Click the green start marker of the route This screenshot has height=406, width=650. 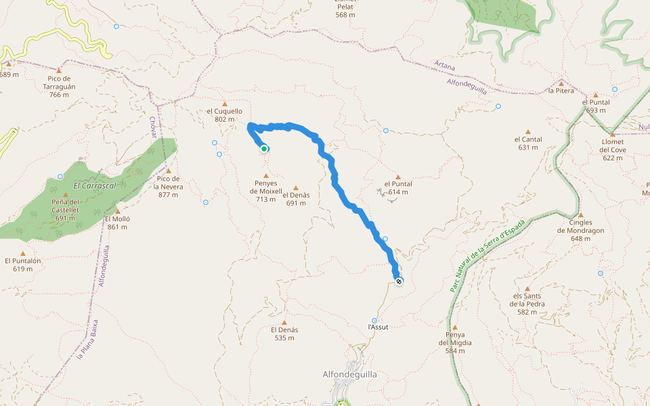pyautogui.click(x=264, y=149)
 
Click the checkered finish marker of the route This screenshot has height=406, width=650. pyautogui.click(x=399, y=281)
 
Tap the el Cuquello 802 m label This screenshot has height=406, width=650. pyautogui.click(x=224, y=115)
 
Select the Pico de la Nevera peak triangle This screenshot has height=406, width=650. pyautogui.click(x=168, y=171)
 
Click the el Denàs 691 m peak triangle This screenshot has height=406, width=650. pyautogui.click(x=296, y=188)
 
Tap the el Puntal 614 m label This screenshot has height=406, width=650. pyautogui.click(x=398, y=187)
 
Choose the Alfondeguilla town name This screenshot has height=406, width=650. pyautogui.click(x=349, y=374)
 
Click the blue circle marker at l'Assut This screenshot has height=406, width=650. pyautogui.click(x=374, y=321)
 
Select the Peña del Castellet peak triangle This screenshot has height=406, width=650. pyautogui.click(x=66, y=195)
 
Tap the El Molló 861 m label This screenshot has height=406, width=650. pyautogui.click(x=117, y=223)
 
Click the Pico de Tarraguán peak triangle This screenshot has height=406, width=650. pyautogui.click(x=59, y=70)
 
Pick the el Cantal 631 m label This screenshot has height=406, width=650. pyautogui.click(x=528, y=143)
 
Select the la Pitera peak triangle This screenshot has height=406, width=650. pyautogui.click(x=561, y=83)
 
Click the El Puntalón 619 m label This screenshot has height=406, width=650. pyautogui.click(x=23, y=265)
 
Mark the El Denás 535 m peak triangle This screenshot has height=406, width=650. pyautogui.click(x=284, y=322)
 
